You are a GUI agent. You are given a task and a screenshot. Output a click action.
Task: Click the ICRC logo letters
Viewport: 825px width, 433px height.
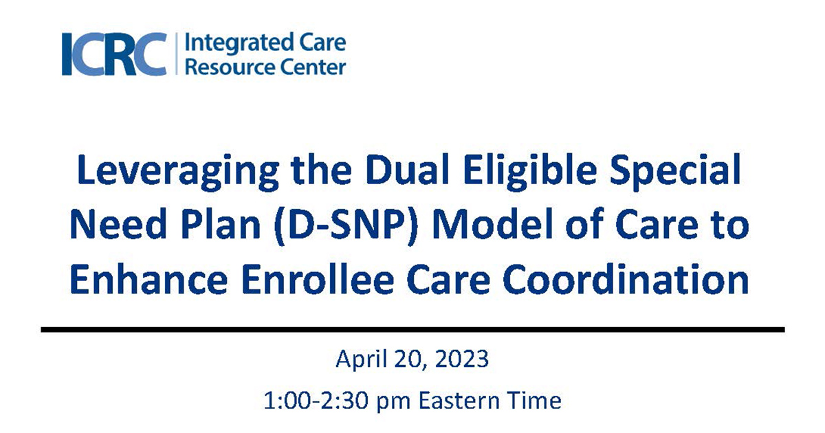click(114, 54)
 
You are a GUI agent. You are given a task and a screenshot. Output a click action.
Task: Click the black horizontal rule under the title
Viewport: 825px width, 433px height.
click(412, 330)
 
